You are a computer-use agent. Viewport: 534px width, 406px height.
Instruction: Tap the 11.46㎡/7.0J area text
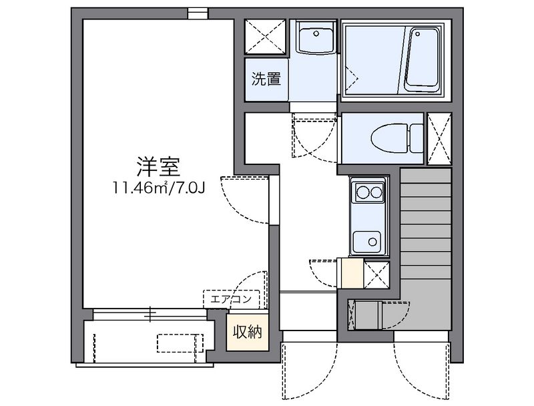(x=160, y=188)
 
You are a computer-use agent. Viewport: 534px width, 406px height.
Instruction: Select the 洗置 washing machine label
(x=266, y=79)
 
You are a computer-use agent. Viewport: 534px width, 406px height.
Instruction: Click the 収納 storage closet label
(x=246, y=332)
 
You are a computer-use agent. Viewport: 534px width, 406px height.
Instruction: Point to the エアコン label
(x=231, y=298)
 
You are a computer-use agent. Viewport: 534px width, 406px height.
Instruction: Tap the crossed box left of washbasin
(x=266, y=37)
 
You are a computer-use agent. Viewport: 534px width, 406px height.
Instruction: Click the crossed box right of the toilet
(x=439, y=138)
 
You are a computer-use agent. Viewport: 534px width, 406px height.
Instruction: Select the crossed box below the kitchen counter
(x=377, y=273)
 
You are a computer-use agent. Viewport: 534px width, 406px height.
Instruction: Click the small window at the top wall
(x=198, y=12)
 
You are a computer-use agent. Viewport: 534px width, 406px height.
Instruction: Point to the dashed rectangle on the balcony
(x=180, y=343)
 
